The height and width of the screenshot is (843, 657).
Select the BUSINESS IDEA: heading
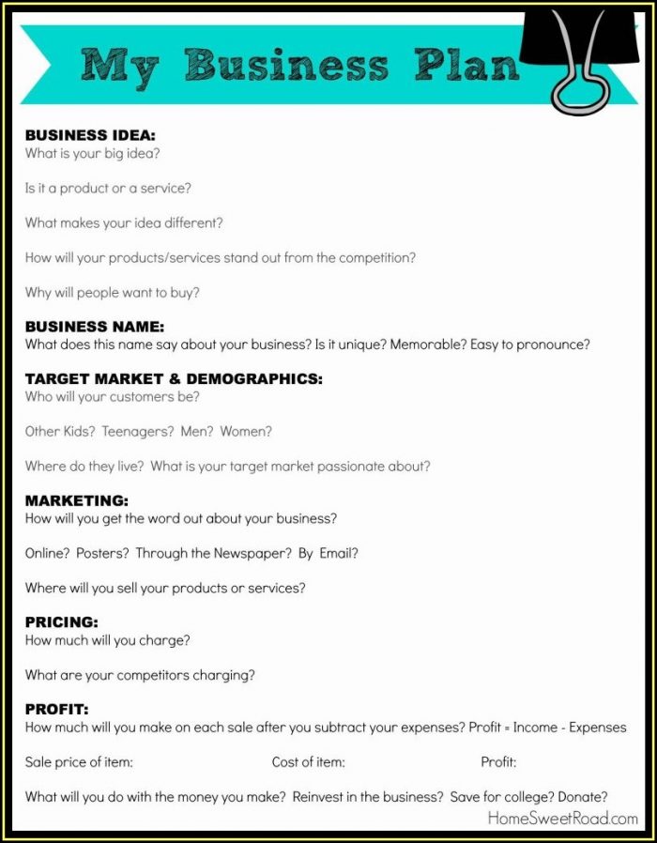90,135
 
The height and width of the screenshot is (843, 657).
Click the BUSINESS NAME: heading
95,327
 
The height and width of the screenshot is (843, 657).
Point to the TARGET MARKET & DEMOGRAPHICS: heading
174,379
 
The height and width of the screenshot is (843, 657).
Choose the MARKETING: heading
77,500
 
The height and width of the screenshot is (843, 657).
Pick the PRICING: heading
62,622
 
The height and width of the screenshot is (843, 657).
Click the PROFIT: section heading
57,709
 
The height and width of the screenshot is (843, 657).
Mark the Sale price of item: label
79,762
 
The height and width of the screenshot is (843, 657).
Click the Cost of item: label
308,762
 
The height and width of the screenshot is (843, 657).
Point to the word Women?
246,432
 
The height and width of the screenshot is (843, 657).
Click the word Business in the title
285,65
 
